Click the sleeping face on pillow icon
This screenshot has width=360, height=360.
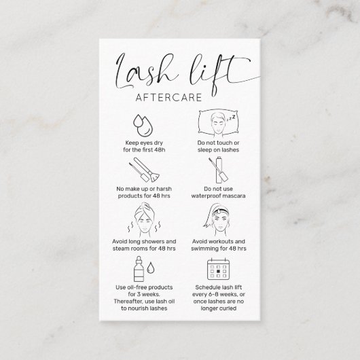point(217,123)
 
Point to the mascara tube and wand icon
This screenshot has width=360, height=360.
point(217,173)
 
